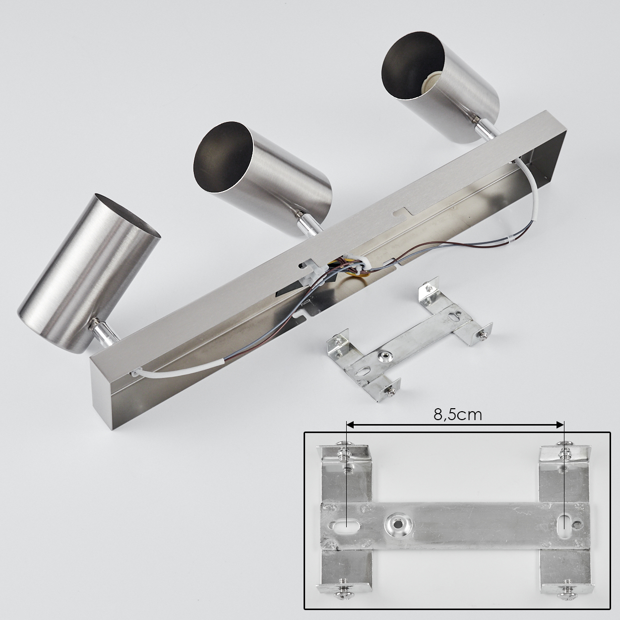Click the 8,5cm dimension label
[457, 415]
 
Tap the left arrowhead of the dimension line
[350, 426]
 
